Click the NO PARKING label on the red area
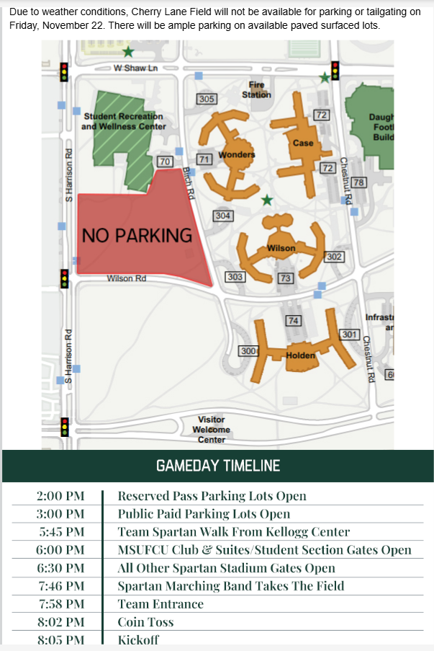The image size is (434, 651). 137,235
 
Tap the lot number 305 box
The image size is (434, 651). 207,99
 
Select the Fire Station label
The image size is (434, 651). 256,89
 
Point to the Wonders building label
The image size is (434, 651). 237,155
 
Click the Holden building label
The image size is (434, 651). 300,355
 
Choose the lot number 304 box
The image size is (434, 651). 224,216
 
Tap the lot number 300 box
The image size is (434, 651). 249,350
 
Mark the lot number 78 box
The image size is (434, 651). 358,182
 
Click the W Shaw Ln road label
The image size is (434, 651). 135,68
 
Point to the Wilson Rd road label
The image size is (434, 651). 127,278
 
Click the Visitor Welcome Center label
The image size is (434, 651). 212,430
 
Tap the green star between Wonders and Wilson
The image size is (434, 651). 267,200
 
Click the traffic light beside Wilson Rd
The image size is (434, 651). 64,278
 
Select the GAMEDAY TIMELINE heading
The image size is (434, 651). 217,466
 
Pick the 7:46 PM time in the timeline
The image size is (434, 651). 61,586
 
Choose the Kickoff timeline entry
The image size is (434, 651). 138,640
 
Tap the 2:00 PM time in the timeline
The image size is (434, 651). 61,496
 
